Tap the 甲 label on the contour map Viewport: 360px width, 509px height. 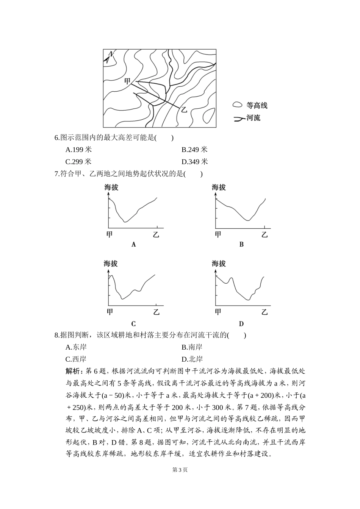tap(127, 81)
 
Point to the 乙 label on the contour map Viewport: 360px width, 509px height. tap(184, 109)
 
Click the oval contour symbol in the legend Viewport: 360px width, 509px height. tap(237, 105)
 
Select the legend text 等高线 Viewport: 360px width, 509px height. tap(257, 106)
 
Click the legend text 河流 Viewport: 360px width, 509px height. tap(253, 118)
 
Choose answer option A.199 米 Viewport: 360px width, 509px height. tap(78, 150)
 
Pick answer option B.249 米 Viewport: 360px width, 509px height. tap(194, 150)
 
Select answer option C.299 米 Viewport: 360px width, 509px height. tap(78, 162)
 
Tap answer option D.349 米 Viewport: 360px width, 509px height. tap(194, 162)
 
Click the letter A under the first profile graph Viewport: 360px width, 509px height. tap(133, 245)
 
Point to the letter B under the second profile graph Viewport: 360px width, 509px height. tap(241, 245)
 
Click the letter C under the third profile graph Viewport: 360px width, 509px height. tap(133, 324)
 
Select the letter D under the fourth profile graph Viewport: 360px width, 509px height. tap(241, 324)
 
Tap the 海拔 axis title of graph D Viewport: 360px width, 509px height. tap(219, 264)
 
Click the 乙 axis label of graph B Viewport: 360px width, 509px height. tap(265, 235)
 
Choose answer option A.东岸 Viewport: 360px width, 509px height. tap(76, 347)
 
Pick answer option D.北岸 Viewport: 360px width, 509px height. tap(192, 359)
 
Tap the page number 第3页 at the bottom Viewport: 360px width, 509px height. tap(180, 470)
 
